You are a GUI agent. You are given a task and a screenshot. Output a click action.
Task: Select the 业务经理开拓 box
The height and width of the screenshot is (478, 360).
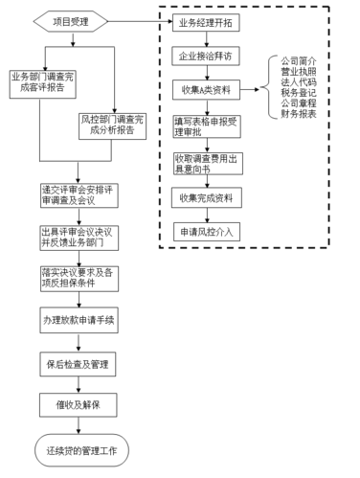[x=205, y=20]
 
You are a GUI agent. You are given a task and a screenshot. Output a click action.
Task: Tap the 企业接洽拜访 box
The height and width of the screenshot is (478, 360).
[x=205, y=56]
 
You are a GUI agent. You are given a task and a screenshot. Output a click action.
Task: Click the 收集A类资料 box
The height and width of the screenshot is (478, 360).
[x=205, y=91]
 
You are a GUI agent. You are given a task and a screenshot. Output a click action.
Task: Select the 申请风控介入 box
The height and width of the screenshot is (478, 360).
[x=205, y=233]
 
